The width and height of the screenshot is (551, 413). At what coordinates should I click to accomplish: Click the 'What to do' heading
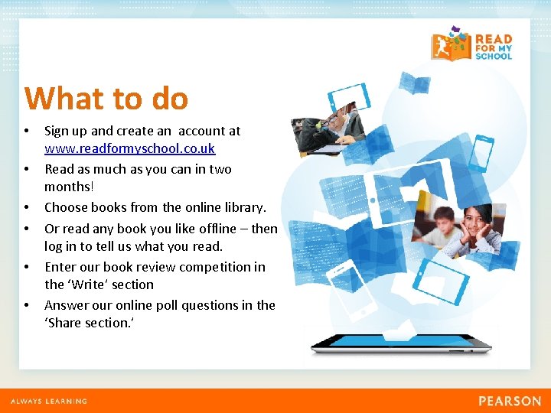106,99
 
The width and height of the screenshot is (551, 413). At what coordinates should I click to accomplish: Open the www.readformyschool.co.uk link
129,148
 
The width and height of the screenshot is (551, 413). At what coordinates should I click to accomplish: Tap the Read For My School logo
471,46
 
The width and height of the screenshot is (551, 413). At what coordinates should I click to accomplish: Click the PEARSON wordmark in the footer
510,401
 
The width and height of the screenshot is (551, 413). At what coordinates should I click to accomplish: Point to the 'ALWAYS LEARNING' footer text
48,401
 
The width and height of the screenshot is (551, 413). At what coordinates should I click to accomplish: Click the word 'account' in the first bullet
201,131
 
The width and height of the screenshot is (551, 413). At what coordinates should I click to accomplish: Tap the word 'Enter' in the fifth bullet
60,267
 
